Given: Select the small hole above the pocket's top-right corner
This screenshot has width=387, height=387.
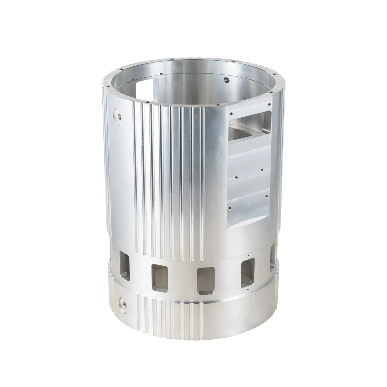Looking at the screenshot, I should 269,104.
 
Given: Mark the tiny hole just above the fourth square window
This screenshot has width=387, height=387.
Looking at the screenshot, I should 248,255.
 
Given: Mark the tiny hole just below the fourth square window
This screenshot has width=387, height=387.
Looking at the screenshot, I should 247,290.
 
